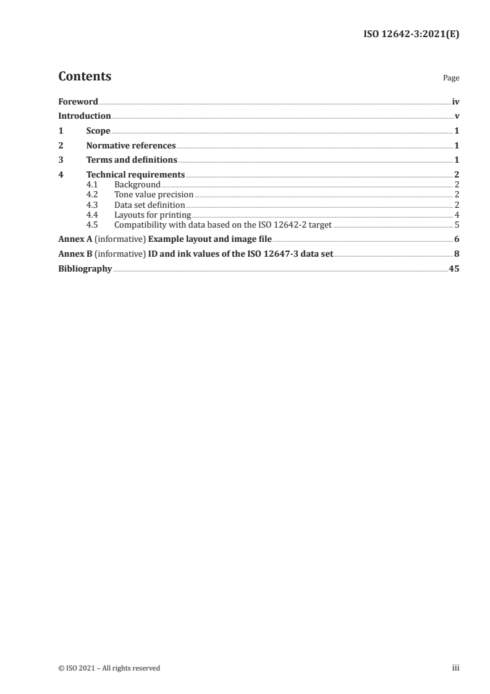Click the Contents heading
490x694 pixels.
pyautogui.click(x=85, y=77)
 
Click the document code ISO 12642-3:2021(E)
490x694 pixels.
pyautogui.click(x=410, y=35)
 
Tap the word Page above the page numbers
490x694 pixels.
pyautogui.click(x=451, y=79)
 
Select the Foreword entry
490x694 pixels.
pyautogui.click(x=78, y=101)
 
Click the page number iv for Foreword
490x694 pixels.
pyautogui.click(x=455, y=101)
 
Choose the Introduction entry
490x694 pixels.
pyautogui.click(x=85, y=116)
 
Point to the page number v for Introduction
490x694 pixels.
pyautogui.click(x=457, y=116)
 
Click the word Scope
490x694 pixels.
pyautogui.click(x=98, y=131)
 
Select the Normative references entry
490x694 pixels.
pyautogui.click(x=131, y=145)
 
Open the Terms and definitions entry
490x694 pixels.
pyautogui.click(x=132, y=160)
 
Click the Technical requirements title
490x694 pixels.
pyautogui.click(x=135, y=175)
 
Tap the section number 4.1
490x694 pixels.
pyautogui.click(x=93, y=184)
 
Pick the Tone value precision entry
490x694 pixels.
pyautogui.click(x=154, y=194)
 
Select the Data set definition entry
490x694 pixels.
pyautogui.click(x=150, y=204)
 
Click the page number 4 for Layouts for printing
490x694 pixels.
pyautogui.click(x=457, y=214)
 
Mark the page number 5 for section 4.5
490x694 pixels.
pyautogui.click(x=457, y=224)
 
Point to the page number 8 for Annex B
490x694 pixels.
pyautogui.click(x=457, y=254)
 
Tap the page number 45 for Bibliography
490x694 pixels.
pyautogui.click(x=454, y=268)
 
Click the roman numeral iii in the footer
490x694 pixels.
pyautogui.click(x=455, y=668)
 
